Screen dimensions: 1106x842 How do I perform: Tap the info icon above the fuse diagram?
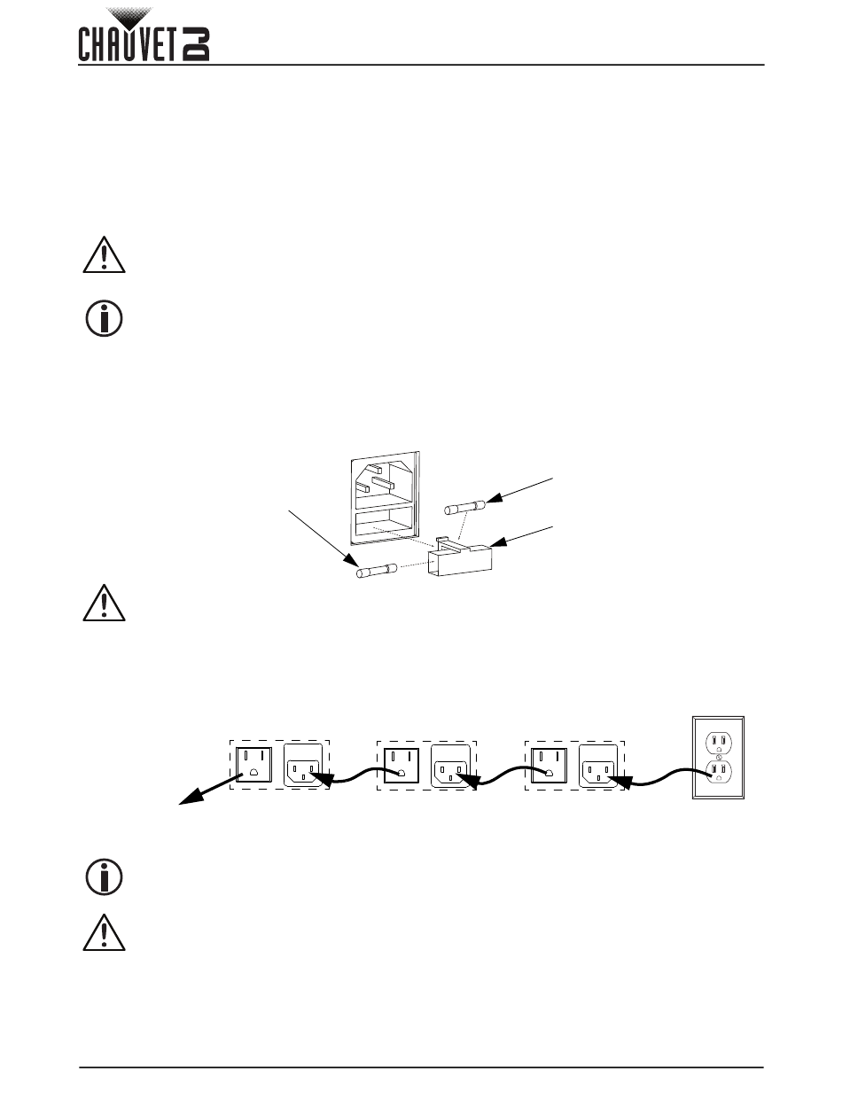(105, 319)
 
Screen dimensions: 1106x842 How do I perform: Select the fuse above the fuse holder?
(464, 508)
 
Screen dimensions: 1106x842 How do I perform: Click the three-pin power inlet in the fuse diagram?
(383, 484)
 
